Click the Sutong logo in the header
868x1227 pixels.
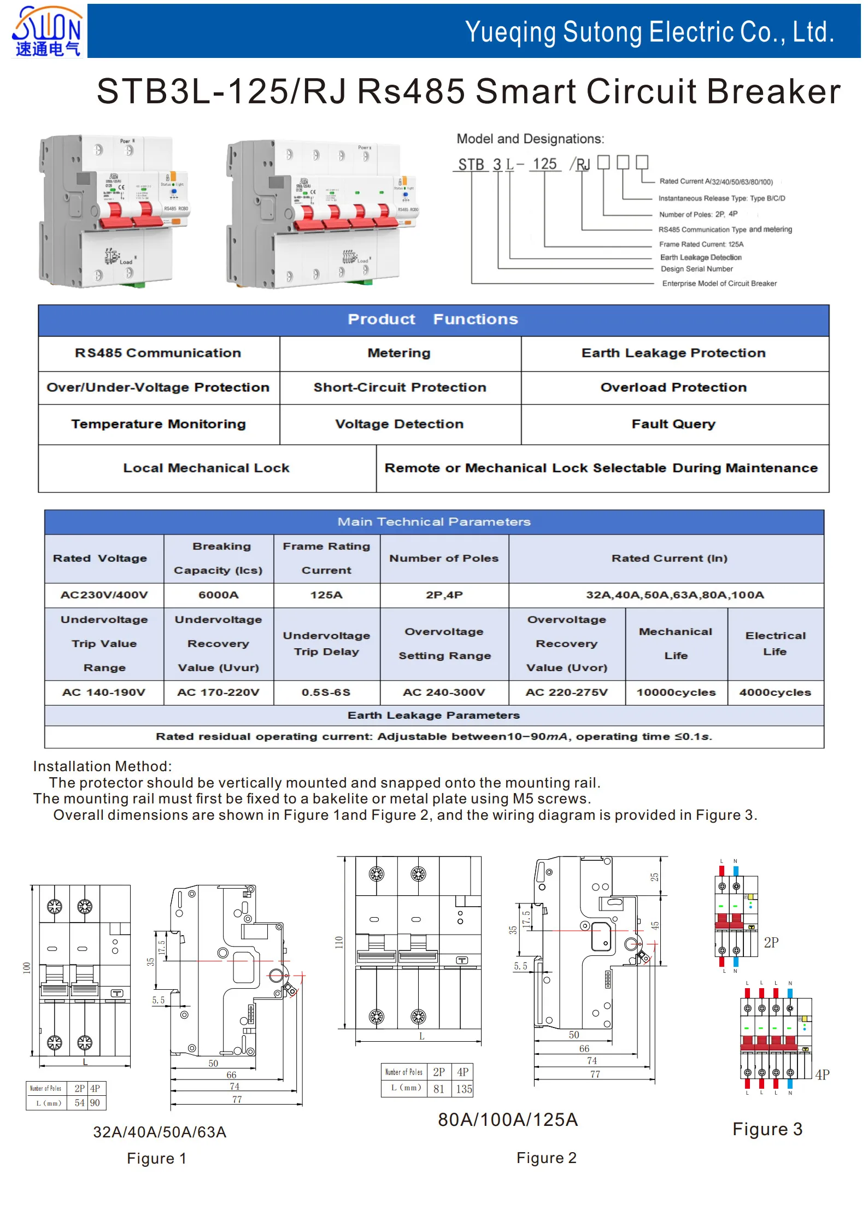tap(47, 31)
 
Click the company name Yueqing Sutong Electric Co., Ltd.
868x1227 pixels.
tap(649, 32)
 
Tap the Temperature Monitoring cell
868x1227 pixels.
tap(159, 424)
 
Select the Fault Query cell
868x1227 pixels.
tap(673, 424)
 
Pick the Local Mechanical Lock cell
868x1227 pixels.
tap(206, 468)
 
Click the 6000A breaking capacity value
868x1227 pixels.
tap(218, 595)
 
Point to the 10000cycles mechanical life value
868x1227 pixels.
tap(676, 692)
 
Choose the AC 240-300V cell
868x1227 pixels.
tap(444, 692)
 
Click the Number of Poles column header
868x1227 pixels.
tap(444, 559)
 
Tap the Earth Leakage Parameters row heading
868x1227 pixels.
tap(433, 715)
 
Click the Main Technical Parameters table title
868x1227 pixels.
tap(433, 522)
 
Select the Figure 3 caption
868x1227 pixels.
tap(767, 1129)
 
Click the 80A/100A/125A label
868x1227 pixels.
tap(507, 1120)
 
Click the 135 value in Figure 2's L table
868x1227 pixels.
tap(464, 1089)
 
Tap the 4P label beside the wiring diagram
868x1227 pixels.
tap(822, 1075)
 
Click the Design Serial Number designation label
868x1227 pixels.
tap(696, 269)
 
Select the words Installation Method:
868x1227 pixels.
tap(102, 766)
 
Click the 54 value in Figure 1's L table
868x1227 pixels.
tap(80, 1103)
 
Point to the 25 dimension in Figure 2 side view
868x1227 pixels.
tap(654, 877)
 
